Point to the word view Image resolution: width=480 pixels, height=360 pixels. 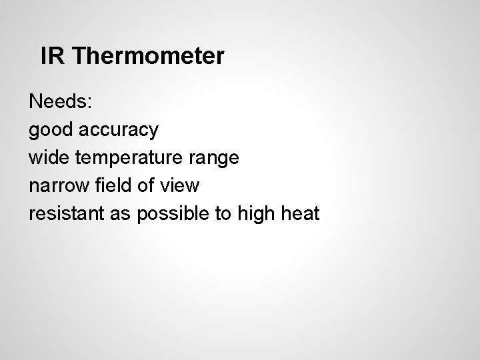pyautogui.click(x=180, y=185)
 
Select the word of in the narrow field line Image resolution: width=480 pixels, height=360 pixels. pyautogui.click(x=147, y=185)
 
